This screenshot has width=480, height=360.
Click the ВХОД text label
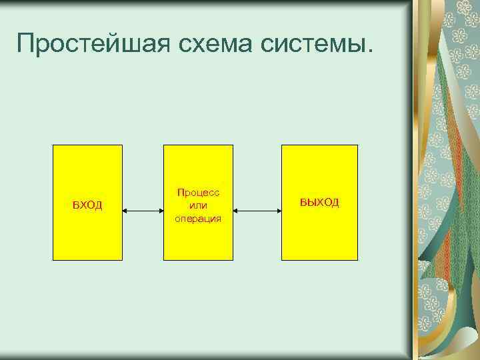click(87, 205)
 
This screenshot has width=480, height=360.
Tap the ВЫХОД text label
click(319, 202)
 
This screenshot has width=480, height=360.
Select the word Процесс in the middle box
click(198, 192)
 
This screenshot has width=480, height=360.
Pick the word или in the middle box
click(198, 205)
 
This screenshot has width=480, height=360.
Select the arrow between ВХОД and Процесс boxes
click(143, 212)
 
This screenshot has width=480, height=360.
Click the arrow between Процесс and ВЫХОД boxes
click(257, 212)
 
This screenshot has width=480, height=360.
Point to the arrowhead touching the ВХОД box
click(126, 212)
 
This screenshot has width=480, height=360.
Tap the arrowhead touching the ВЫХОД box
click(278, 212)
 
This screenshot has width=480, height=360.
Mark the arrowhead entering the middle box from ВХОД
click(161, 212)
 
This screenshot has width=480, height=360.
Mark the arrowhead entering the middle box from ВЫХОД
click(237, 212)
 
